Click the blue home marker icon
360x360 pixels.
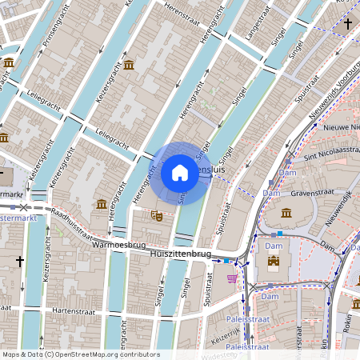(x=180, y=173)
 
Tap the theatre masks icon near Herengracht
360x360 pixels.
(x=158, y=215)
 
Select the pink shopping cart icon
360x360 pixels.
(x=232, y=278)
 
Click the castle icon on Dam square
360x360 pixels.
(x=274, y=261)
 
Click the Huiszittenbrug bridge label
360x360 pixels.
(x=180, y=254)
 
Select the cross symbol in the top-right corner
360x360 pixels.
(x=347, y=24)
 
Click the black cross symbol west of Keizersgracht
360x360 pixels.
(x=20, y=262)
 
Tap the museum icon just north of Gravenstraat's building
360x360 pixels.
(x=286, y=213)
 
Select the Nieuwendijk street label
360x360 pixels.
(x=340, y=207)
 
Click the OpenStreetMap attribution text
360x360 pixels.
(x=81, y=354)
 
